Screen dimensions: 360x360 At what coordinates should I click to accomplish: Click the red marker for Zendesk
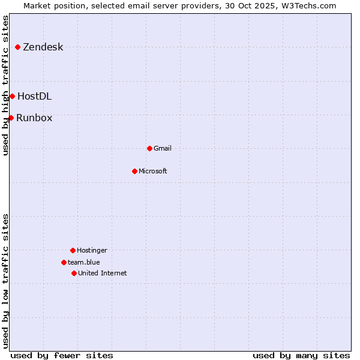18,47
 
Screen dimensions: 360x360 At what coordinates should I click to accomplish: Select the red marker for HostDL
12,96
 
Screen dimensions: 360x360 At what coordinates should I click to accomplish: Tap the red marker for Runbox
11,118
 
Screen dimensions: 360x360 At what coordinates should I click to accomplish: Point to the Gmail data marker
149,148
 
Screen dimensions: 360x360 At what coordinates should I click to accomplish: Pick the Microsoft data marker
134,171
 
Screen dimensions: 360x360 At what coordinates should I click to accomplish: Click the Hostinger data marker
73,250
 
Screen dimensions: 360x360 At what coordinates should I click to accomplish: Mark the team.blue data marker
64,262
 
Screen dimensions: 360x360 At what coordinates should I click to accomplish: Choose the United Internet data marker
74,273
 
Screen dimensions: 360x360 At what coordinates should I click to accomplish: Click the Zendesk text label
43,47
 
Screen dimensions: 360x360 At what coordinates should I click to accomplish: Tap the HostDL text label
34,97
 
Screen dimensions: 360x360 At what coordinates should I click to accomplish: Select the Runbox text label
34,118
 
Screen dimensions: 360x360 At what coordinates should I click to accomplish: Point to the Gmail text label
162,149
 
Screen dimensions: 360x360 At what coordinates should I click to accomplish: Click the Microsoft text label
152,172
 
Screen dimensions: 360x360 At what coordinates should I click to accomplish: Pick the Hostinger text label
92,251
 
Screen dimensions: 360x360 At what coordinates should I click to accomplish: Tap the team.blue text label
83,263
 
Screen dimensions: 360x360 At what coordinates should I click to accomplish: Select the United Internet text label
102,274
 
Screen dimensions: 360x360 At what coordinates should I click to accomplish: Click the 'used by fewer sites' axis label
62,355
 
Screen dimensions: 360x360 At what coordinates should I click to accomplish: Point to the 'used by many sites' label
301,355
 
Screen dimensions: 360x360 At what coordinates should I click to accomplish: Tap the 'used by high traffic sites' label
6,85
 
